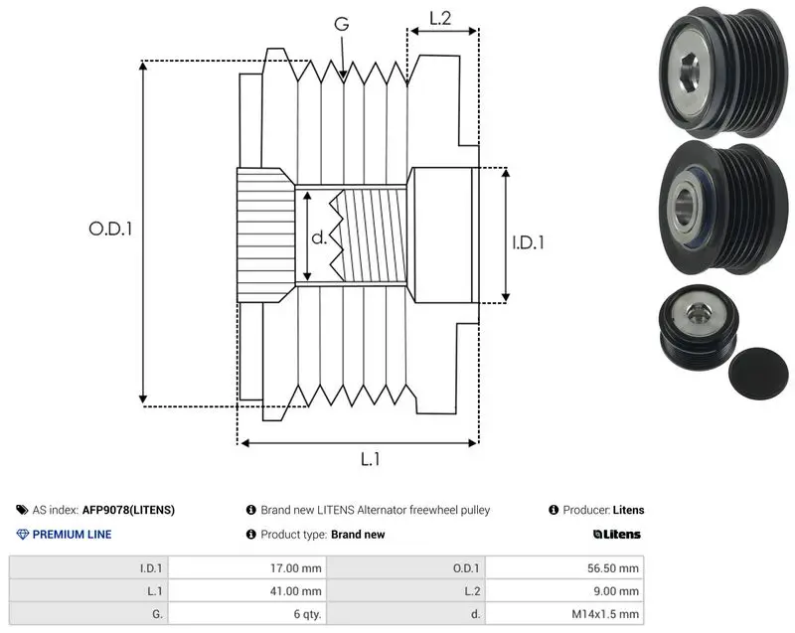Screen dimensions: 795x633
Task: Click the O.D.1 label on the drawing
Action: click(110, 230)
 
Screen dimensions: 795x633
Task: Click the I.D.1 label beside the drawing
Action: click(529, 242)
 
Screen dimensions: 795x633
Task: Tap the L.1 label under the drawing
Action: click(370, 459)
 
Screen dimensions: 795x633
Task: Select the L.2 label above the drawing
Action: click(440, 18)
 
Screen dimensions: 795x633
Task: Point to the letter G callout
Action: click(342, 23)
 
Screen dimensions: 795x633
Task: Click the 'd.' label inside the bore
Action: click(319, 237)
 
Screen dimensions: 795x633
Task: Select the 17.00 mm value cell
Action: click(247, 568)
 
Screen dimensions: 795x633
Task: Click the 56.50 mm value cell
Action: click(564, 568)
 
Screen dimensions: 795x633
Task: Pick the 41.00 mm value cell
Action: click(247, 591)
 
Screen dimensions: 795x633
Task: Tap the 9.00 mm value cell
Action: click(564, 591)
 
